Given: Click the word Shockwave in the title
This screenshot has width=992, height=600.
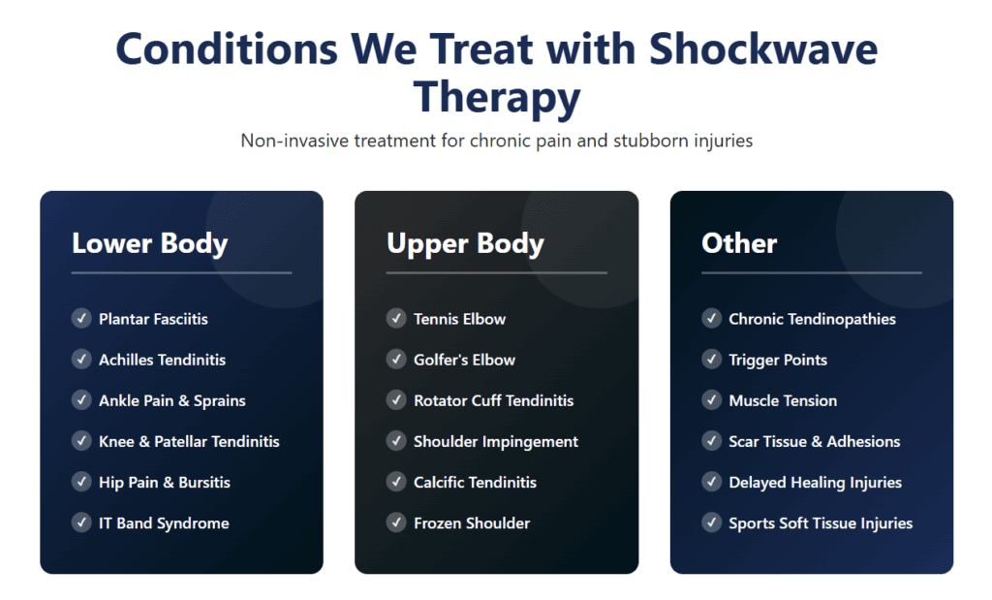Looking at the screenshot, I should click(763, 48).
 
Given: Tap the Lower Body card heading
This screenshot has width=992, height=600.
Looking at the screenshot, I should click(149, 243).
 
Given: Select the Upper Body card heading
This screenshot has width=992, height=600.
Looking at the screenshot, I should click(465, 243).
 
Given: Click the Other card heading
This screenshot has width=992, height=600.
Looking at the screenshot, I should click(739, 243).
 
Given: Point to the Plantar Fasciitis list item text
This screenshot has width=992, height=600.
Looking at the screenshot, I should click(153, 319).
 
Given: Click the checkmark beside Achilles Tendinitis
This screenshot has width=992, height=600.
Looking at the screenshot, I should click(81, 360).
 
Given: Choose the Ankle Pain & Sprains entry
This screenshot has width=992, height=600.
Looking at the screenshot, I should click(172, 400).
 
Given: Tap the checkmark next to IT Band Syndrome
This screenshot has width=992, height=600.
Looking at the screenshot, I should click(81, 522).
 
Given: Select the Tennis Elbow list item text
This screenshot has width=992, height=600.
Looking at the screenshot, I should click(459, 319).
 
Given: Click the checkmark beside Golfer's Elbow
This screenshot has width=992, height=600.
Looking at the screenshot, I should click(396, 360).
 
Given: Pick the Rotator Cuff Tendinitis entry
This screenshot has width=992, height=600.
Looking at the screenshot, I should click(493, 400).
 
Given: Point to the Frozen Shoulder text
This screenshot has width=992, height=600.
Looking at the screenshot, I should click(472, 522).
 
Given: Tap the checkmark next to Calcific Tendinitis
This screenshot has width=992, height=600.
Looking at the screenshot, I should click(396, 482).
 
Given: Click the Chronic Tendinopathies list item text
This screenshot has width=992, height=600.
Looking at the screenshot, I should click(812, 319).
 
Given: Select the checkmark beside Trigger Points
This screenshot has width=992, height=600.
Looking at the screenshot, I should click(712, 360).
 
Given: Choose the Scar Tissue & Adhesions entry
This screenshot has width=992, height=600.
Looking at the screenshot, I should click(814, 441).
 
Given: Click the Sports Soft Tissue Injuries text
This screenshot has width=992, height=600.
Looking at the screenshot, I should click(821, 522).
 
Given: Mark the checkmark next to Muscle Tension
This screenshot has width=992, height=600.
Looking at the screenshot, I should click(712, 400).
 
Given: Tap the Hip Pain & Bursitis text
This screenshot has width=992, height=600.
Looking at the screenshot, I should click(165, 482).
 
